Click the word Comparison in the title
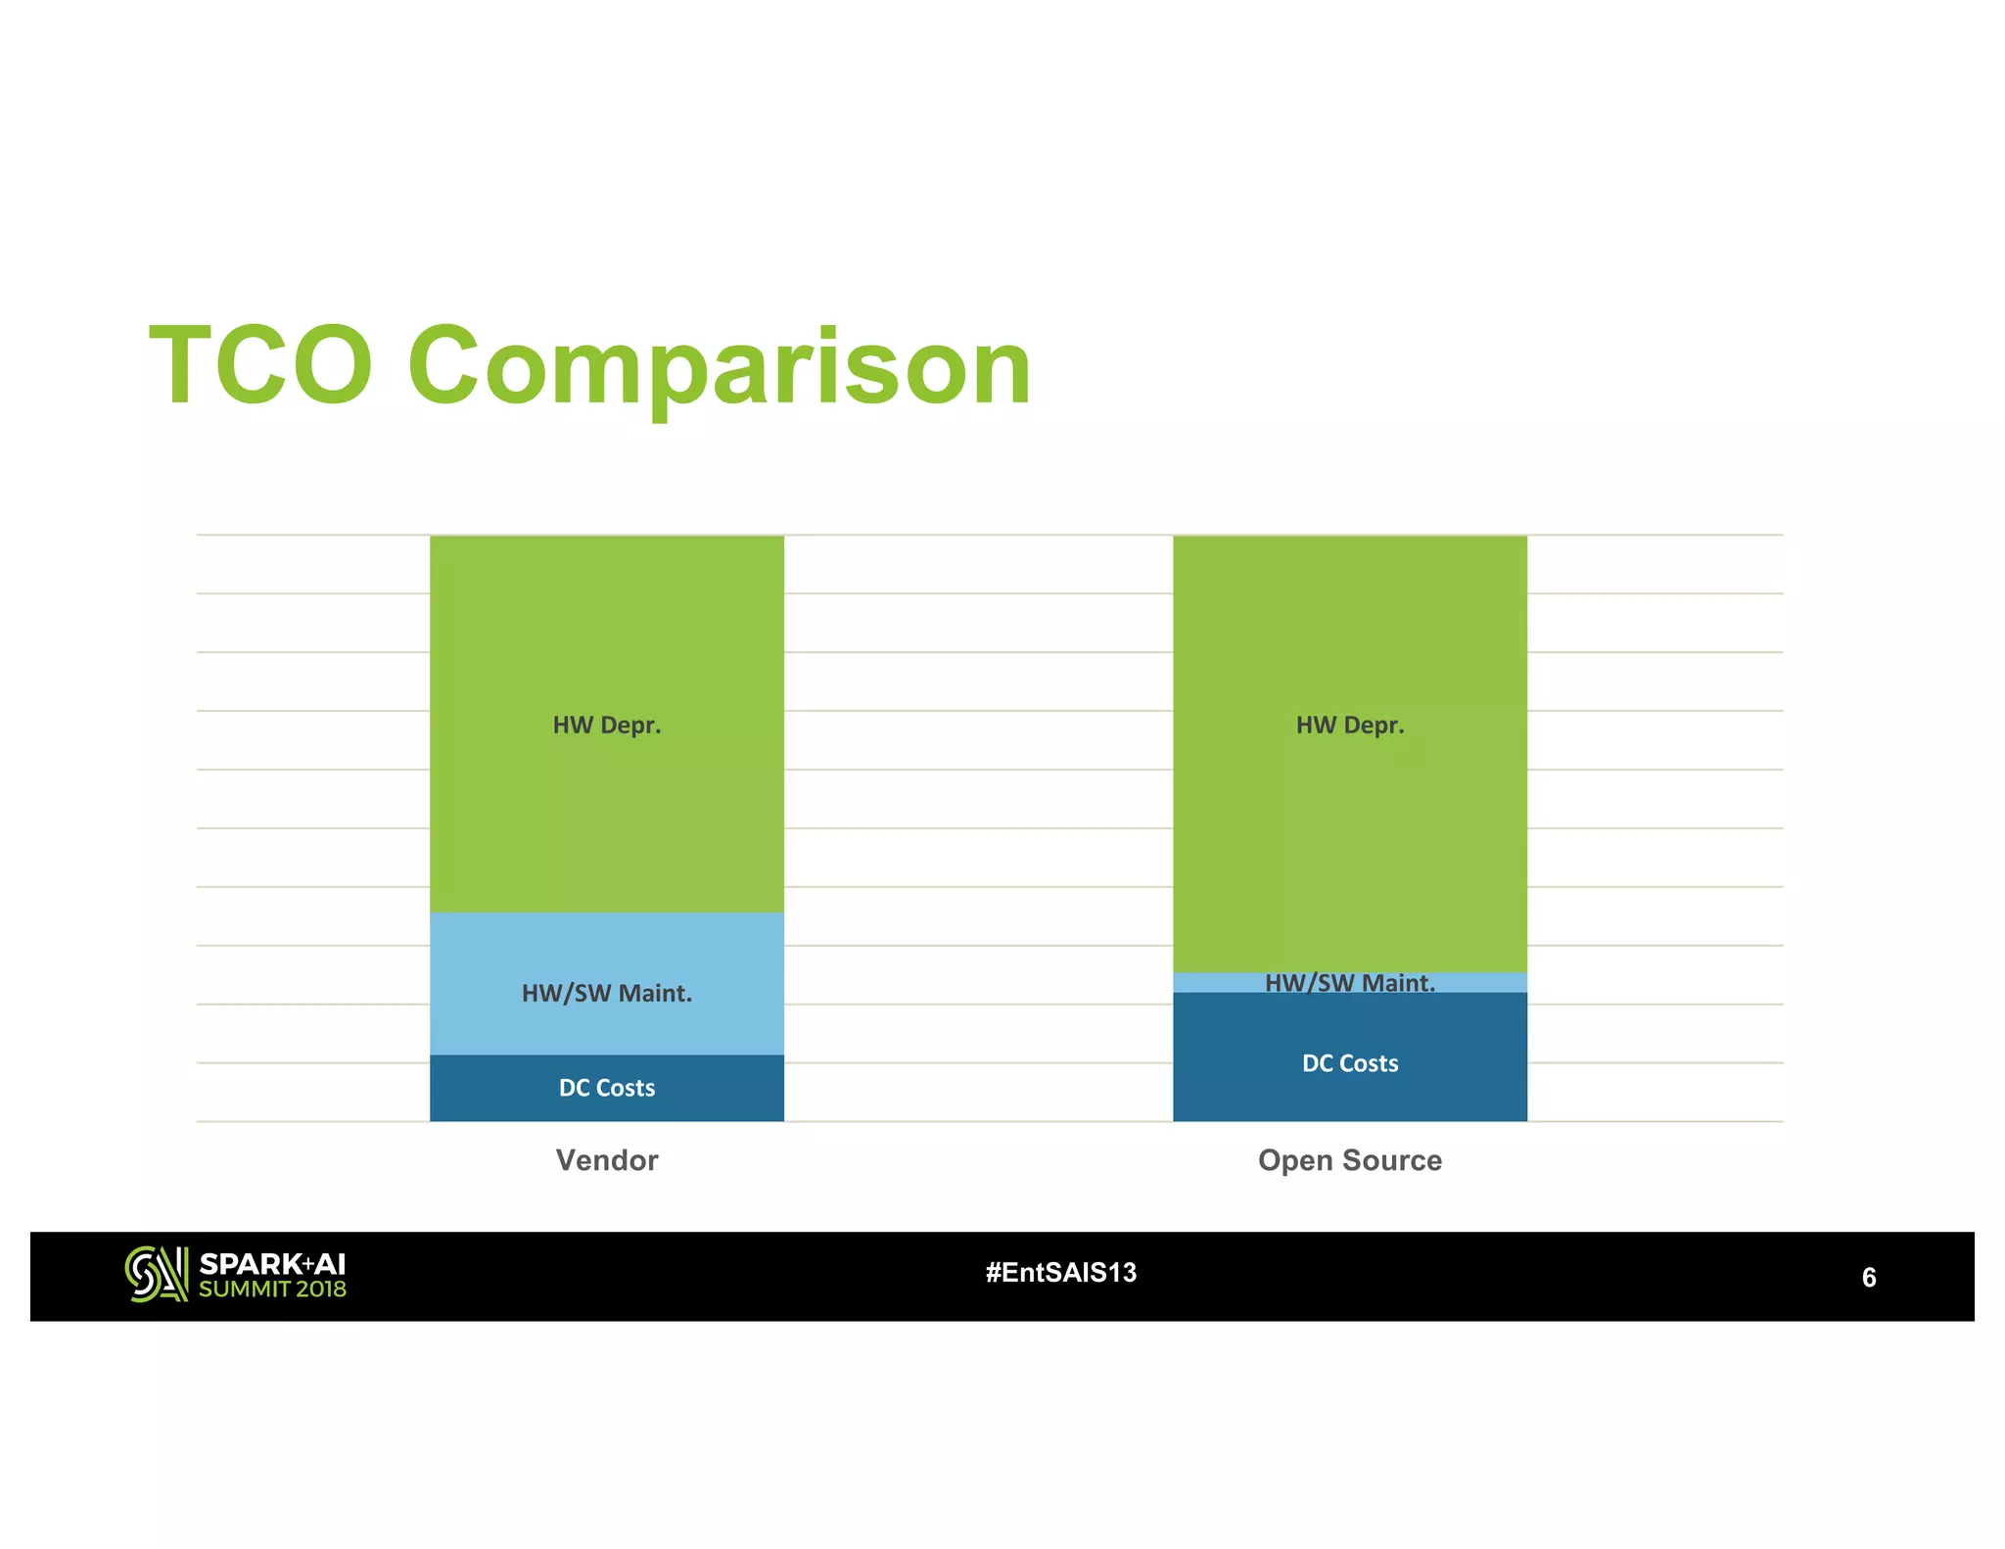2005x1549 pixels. click(719, 367)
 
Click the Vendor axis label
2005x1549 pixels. click(606, 1160)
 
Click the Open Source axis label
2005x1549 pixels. click(1349, 1160)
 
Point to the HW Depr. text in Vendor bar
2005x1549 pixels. click(606, 725)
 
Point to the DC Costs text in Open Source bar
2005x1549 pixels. click(1349, 1063)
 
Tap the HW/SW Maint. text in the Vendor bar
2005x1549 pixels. click(606, 993)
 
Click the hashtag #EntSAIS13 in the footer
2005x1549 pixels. click(1060, 1273)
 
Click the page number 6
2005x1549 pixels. click(1868, 1277)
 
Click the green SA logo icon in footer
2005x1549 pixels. click(156, 1274)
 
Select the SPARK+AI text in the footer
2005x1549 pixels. click(272, 1264)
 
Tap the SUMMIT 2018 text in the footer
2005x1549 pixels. click(272, 1290)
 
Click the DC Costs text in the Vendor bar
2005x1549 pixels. click(606, 1088)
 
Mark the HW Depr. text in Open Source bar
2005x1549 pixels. click(1349, 725)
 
